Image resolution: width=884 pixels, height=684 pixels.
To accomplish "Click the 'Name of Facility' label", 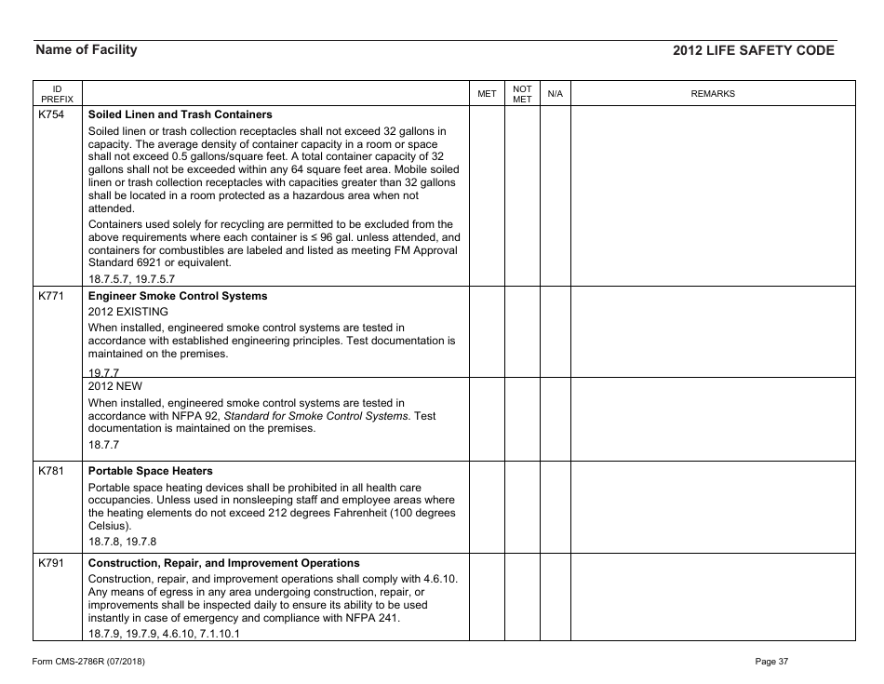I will [x=86, y=50].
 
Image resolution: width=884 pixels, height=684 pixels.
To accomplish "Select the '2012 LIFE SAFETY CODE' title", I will [x=754, y=51].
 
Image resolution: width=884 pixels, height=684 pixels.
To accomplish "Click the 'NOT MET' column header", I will [x=522, y=94].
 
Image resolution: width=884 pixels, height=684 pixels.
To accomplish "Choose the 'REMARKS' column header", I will [x=713, y=94].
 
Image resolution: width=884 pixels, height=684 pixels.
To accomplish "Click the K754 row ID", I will [x=51, y=114].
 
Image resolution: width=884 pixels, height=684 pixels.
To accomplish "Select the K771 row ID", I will [x=51, y=296].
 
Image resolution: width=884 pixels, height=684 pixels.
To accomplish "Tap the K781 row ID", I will [x=51, y=471].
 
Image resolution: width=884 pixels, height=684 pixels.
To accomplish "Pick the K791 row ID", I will [x=51, y=563].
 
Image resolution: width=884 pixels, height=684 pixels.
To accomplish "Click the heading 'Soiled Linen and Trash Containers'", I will [x=180, y=114].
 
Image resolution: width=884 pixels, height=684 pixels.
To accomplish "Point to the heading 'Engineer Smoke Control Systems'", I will [x=177, y=296].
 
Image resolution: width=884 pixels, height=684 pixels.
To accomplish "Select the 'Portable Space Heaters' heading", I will [x=150, y=471].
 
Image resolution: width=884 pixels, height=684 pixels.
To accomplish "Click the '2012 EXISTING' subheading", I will [x=128, y=312].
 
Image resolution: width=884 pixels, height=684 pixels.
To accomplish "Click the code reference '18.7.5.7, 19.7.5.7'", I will [x=131, y=278].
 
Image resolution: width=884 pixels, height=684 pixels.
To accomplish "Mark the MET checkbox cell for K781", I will [x=487, y=507].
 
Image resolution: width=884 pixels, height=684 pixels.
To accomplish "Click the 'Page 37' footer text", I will [x=771, y=662].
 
